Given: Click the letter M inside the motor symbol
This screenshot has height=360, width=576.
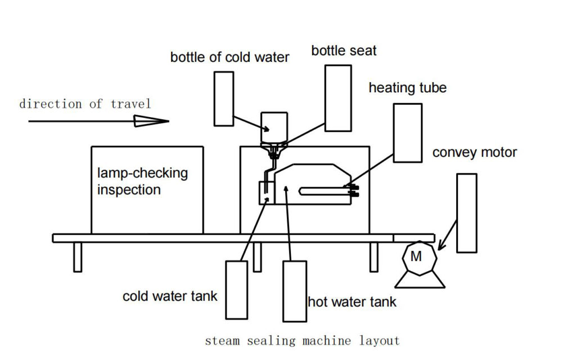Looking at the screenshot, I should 416,257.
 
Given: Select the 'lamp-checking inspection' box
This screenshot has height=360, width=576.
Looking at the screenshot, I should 147,190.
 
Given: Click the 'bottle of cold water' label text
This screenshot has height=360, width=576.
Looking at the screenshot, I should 229,57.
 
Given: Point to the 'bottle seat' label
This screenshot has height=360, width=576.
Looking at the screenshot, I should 344,51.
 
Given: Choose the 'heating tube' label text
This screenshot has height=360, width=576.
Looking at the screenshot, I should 407,88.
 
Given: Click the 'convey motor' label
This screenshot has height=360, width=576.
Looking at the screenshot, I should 474,152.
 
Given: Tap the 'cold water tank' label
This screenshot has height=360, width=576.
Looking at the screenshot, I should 169,296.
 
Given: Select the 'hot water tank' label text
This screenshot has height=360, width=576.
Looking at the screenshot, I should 352,301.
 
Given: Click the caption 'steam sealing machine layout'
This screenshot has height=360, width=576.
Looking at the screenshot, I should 302,340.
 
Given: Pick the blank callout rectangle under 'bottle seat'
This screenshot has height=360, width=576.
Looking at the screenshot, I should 338,98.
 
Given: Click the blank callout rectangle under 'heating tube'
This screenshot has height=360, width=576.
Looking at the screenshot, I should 407,133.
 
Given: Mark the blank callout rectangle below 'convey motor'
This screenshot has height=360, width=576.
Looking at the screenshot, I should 466,213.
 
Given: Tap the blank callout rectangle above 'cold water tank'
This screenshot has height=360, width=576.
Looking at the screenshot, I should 236,289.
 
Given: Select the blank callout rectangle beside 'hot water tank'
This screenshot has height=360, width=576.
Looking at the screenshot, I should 294,290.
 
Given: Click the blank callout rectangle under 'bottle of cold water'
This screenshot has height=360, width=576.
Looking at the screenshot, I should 224,98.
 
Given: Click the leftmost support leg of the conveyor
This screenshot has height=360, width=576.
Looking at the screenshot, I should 78,257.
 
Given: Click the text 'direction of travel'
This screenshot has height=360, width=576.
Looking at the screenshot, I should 85,103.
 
